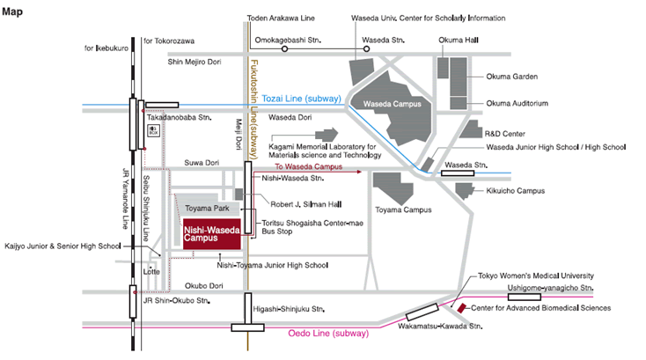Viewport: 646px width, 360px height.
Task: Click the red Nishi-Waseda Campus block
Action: [212, 234]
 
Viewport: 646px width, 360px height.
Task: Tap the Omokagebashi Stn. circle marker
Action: [284, 49]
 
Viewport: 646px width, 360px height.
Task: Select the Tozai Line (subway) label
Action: [302, 99]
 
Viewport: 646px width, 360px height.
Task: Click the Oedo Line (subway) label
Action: [328, 334]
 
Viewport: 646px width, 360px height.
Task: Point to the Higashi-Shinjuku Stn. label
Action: [289, 309]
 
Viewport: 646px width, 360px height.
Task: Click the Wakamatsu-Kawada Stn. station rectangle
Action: [422, 312]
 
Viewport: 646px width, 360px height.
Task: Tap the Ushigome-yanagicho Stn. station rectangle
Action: [524, 297]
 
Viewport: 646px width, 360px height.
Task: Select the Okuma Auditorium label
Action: [517, 103]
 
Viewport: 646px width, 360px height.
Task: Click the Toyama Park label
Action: [207, 209]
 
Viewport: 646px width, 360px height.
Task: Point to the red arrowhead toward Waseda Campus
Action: [359, 172]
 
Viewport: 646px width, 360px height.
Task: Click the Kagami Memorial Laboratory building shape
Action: [327, 135]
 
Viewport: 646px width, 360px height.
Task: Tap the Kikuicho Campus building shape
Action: [465, 191]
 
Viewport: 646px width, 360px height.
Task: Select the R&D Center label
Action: [504, 134]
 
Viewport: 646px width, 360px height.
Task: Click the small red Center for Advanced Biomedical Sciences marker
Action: [462, 308]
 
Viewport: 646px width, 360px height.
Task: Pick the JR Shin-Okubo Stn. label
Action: [176, 301]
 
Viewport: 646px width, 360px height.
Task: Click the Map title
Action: [12, 11]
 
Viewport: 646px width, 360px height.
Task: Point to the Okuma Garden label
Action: [511, 77]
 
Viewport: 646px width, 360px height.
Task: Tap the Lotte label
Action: [151, 272]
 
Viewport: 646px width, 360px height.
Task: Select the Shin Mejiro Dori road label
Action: [194, 62]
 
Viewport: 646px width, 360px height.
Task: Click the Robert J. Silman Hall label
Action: [305, 204]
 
